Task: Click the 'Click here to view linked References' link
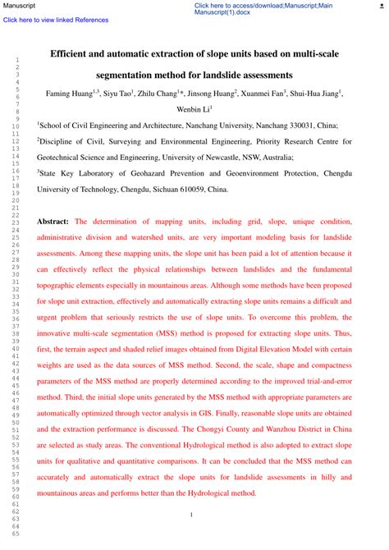pyautogui.click(x=56, y=20)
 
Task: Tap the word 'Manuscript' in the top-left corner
pyautogui.click(x=19, y=5)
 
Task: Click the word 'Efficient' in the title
pyautogui.click(x=72, y=53)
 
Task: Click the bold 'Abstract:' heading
pyautogui.click(x=53, y=222)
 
